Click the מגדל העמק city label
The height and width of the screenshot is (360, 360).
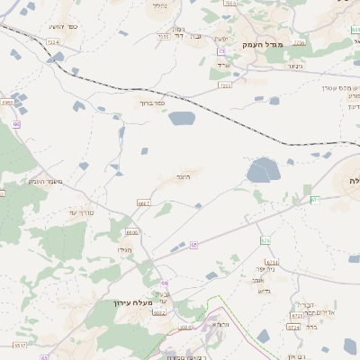click(287, 43)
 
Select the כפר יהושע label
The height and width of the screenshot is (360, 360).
click(66, 26)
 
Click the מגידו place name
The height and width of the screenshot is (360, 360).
click(124, 249)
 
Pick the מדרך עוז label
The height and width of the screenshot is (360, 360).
click(82, 211)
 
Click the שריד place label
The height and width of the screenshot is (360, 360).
click(223, 64)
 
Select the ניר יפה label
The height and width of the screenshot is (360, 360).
click(264, 268)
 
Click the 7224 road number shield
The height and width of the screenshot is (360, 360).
click(51, 42)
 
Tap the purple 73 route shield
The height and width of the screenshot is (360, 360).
click(221, 53)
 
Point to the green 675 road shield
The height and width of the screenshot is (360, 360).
click(265, 240)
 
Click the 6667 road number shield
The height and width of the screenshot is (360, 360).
click(144, 204)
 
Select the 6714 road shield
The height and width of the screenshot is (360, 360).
click(273, 262)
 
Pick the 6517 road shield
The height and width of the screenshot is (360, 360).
click(19, 344)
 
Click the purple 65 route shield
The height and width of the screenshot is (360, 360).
click(193, 244)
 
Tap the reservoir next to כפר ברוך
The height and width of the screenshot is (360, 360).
click(181, 118)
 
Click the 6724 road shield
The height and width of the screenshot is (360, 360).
click(292, 328)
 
